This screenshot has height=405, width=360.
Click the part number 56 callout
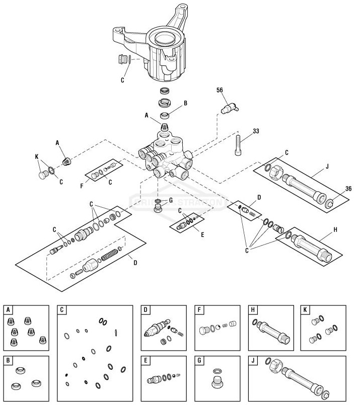coord(219,91)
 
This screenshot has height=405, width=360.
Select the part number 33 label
coord(256,131)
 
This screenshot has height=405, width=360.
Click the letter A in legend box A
coord(8,310)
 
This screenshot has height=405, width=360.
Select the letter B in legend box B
coord(8,360)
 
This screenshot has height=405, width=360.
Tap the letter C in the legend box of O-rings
coord(62,310)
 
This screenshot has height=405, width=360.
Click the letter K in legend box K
coord(305,310)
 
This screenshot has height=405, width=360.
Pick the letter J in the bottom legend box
coord(253,360)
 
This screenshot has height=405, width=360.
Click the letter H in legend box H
coord(253,310)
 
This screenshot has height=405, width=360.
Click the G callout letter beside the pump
coord(170,200)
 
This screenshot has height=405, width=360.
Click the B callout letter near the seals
coord(185,103)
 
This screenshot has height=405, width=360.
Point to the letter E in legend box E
coord(145,360)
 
